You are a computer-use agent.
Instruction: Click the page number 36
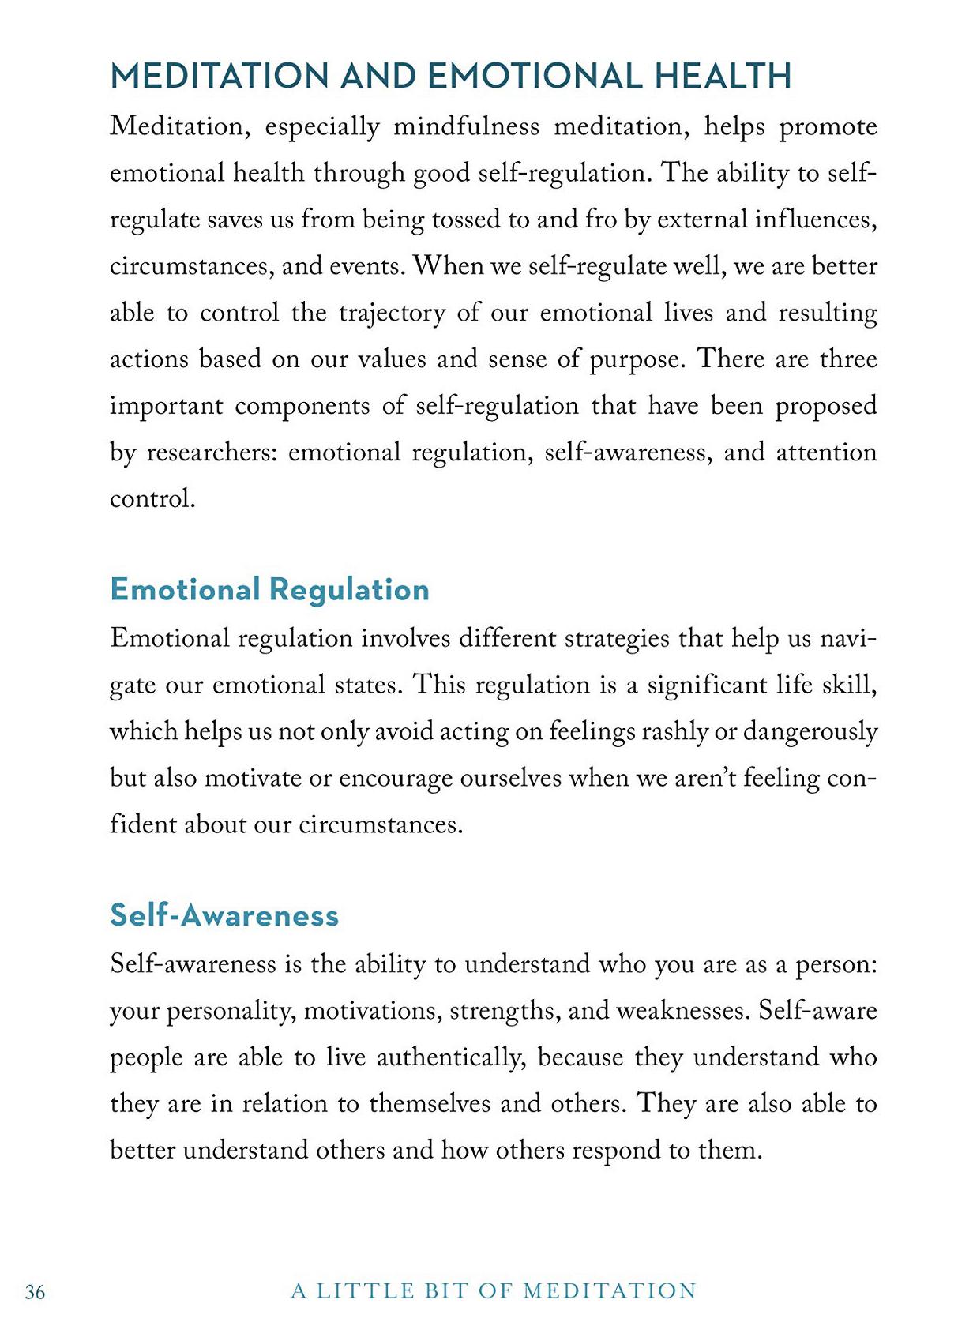[36, 1292]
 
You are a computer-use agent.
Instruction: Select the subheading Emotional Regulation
[269, 590]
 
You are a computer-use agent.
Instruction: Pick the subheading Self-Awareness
[224, 915]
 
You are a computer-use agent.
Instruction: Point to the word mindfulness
[466, 127]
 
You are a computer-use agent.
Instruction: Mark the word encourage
[394, 779]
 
